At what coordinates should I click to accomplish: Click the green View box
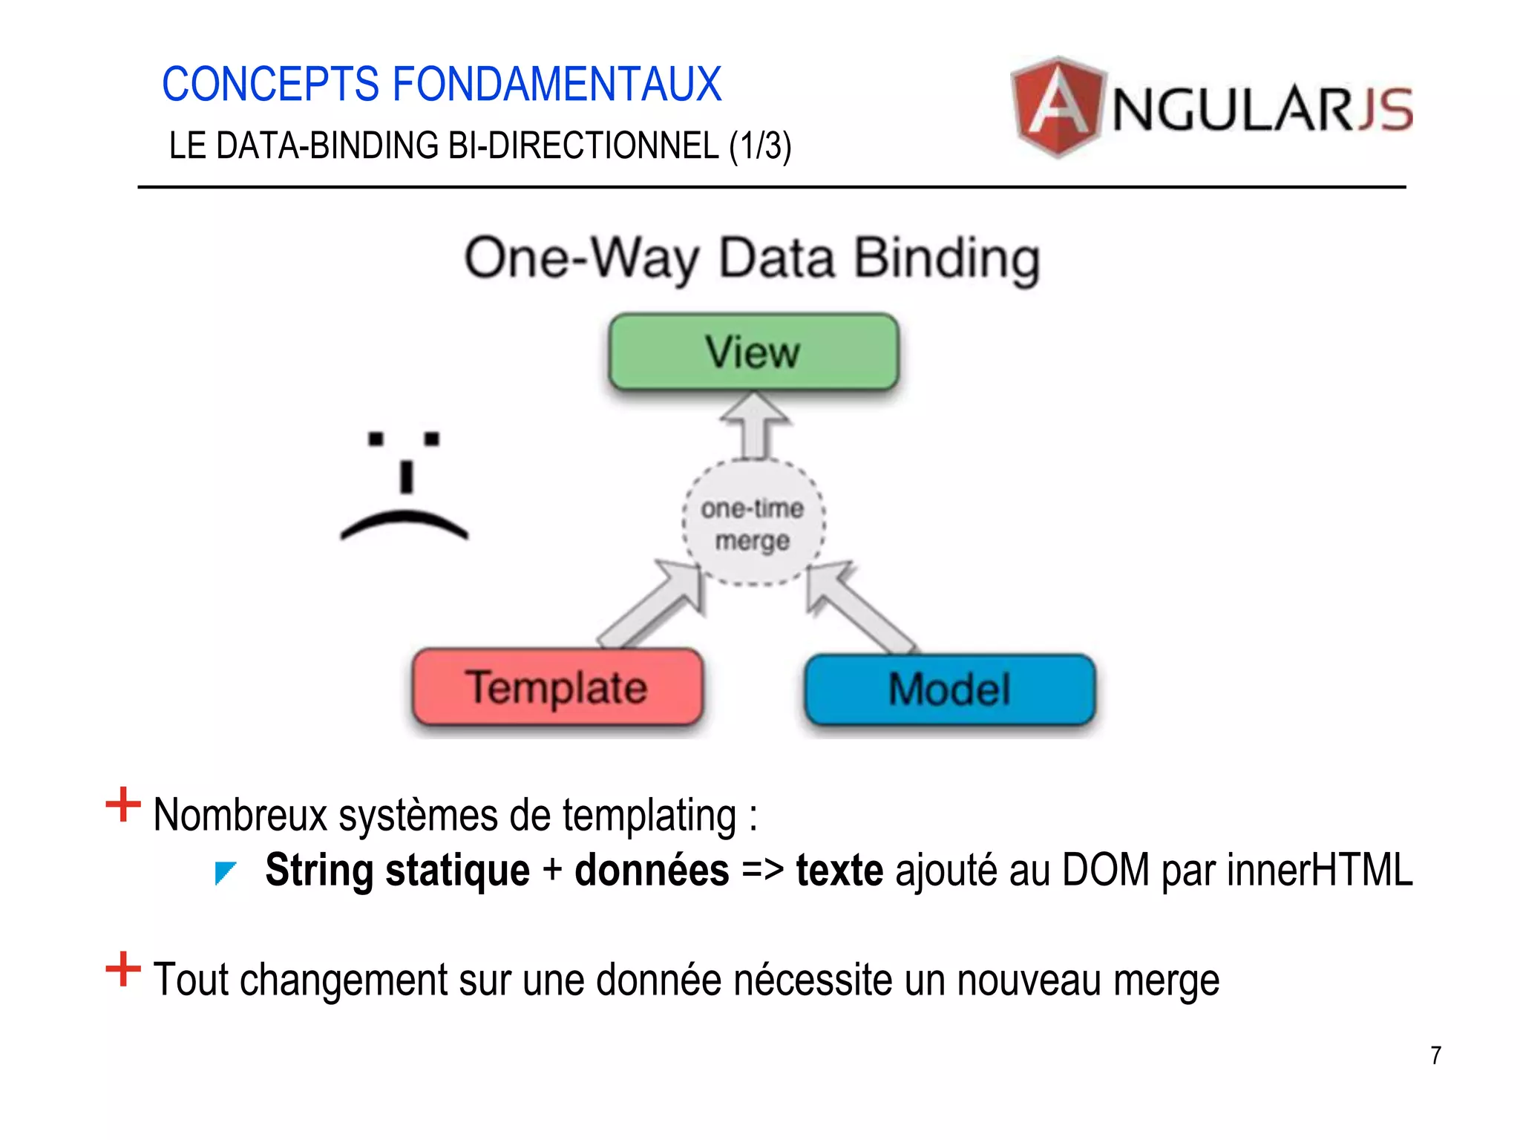point(753,352)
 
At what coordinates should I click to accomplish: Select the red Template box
point(557,687)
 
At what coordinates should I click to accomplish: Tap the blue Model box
point(949,689)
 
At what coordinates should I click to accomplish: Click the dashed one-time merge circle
point(753,523)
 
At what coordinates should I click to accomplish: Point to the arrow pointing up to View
point(754,427)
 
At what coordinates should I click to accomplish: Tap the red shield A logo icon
point(1057,108)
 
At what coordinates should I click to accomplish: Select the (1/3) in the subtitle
point(760,146)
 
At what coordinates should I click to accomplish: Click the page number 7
point(1435,1055)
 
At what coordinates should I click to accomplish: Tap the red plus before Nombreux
point(123,805)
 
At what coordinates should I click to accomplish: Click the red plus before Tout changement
point(123,969)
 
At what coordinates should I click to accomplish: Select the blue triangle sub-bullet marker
point(224,872)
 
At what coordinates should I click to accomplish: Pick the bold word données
point(652,870)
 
